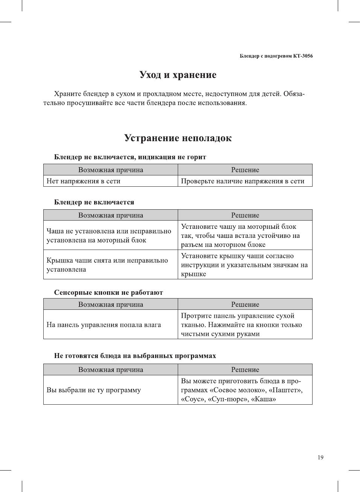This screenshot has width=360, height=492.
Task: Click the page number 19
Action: (x=320, y=457)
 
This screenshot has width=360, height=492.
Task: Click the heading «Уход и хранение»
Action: (x=178, y=75)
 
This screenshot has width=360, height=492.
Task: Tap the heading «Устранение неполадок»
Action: (x=178, y=138)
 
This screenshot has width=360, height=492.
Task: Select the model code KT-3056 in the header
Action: (x=303, y=56)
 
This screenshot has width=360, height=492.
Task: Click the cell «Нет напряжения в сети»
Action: (x=84, y=181)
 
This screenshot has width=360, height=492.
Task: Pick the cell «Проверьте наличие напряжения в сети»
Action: (x=243, y=181)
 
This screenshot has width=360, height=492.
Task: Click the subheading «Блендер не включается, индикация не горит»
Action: (x=130, y=157)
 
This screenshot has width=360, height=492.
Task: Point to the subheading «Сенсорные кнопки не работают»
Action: (x=108, y=292)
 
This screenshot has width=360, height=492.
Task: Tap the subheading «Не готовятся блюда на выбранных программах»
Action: (x=135, y=356)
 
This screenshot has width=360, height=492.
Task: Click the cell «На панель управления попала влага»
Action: (x=104, y=324)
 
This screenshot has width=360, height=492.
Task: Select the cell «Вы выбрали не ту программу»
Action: (x=94, y=390)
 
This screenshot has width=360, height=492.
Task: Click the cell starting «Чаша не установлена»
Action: (x=109, y=236)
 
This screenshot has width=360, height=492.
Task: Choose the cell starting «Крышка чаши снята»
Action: (x=107, y=265)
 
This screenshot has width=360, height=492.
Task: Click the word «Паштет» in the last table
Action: (x=284, y=390)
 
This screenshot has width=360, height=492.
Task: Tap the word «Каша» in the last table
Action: (x=264, y=399)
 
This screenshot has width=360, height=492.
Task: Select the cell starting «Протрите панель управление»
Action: (x=241, y=324)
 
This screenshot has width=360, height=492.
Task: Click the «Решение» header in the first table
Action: (x=245, y=170)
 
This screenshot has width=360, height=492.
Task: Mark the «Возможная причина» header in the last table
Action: (x=111, y=370)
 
